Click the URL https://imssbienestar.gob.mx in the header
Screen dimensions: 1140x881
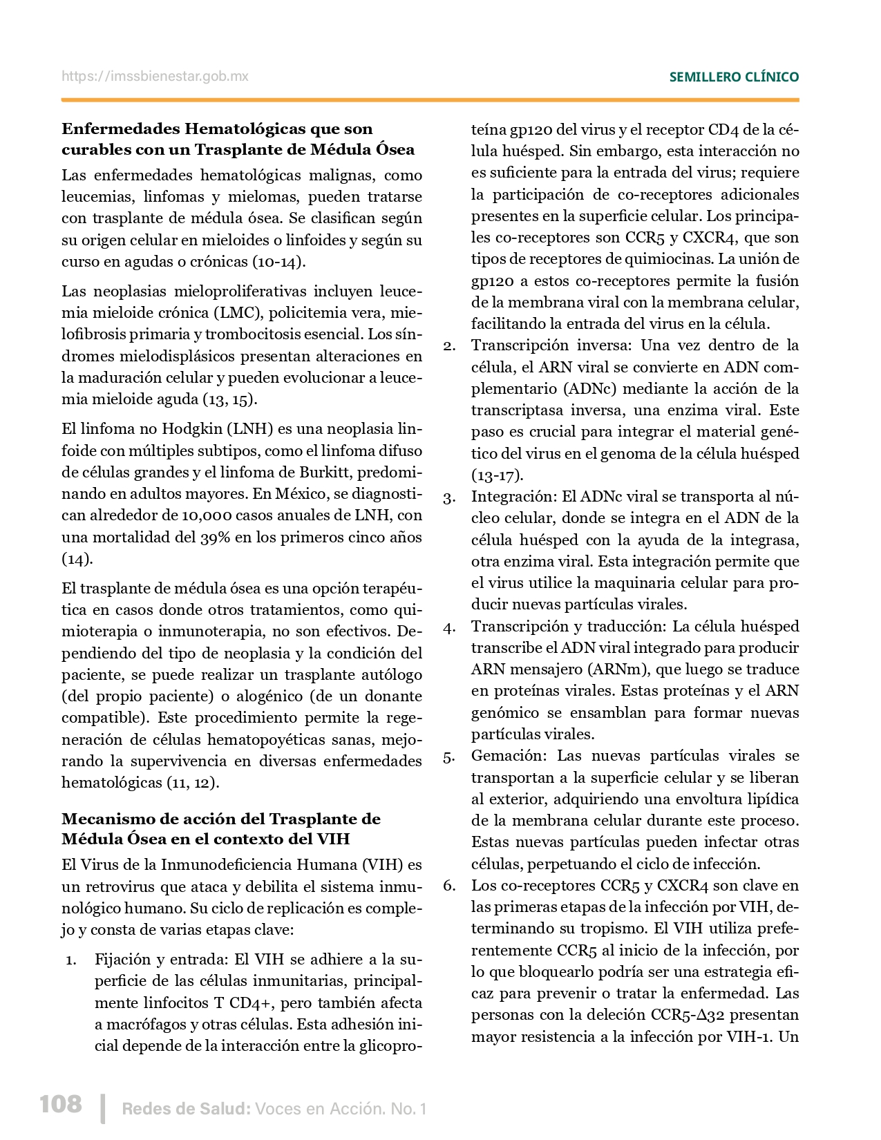[x=155, y=77]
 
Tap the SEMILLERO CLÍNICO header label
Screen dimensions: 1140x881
[x=734, y=77]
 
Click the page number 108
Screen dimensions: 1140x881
[x=61, y=1103]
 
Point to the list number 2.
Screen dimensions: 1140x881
[x=449, y=345]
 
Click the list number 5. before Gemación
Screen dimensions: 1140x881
[x=449, y=757]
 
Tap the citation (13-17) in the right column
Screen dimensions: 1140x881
[x=498, y=475]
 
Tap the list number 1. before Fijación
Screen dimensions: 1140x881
[x=71, y=960]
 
